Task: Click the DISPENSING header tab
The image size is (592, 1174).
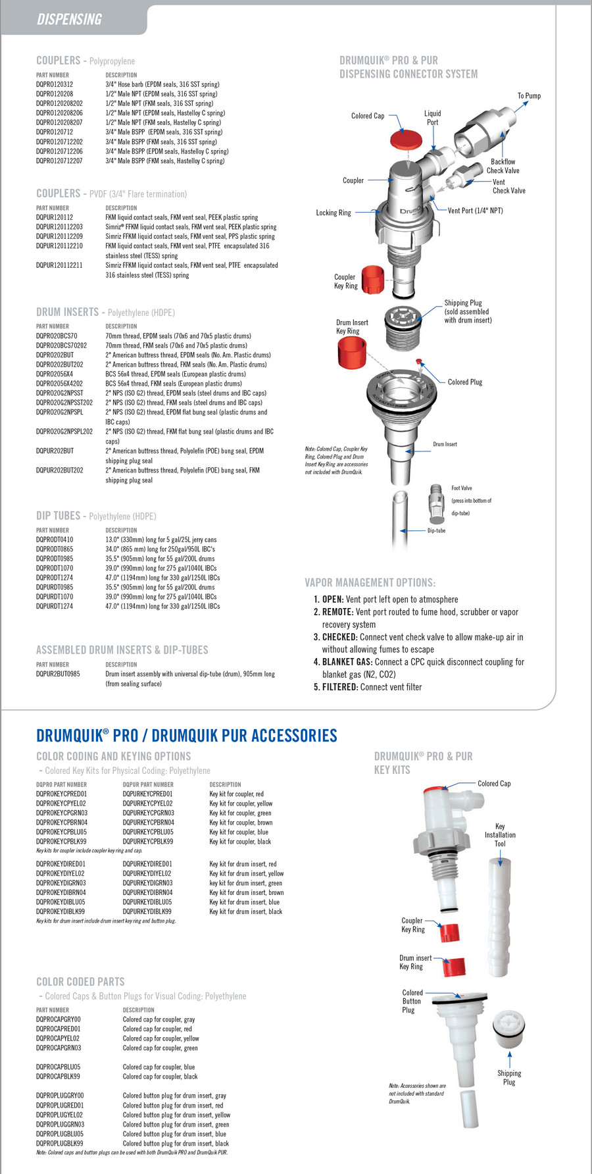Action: click(x=69, y=19)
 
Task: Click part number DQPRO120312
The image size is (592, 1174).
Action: click(x=55, y=84)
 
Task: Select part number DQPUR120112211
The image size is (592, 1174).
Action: click(x=59, y=265)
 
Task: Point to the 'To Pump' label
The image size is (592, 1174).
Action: click(x=529, y=96)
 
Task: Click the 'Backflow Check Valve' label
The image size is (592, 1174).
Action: click(x=504, y=166)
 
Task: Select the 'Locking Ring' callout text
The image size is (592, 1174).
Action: click(x=333, y=213)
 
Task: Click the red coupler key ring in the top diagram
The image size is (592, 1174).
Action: click(x=373, y=280)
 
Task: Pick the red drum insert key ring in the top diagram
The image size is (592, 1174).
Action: click(x=352, y=352)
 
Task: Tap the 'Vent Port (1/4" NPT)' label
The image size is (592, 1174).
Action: click(x=475, y=211)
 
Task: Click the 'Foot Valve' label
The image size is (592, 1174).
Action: click(x=462, y=488)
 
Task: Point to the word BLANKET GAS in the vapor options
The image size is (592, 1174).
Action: click(x=347, y=662)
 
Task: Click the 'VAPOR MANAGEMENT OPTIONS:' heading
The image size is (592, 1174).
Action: click(x=370, y=583)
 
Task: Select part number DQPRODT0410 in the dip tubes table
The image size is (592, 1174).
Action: click(x=55, y=540)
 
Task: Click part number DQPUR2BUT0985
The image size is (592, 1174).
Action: click(x=58, y=674)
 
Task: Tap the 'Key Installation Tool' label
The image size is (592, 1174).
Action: click(x=500, y=835)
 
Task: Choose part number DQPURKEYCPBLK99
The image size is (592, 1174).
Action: click(x=148, y=842)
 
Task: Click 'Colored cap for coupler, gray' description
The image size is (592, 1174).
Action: click(x=159, y=1019)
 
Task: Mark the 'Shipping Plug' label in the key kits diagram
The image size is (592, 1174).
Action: click(x=509, y=1077)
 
